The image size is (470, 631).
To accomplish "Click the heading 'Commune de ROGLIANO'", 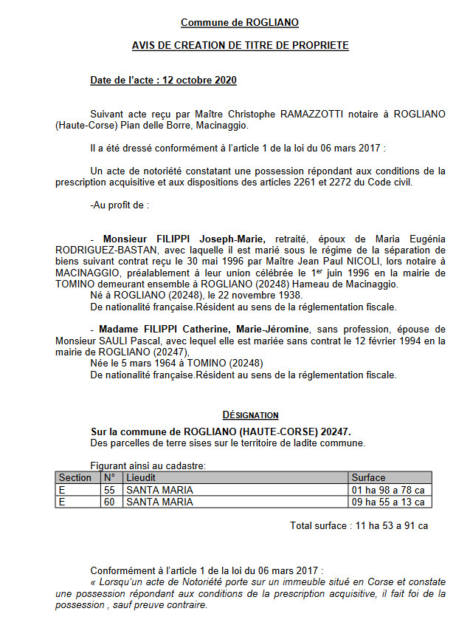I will (240, 23).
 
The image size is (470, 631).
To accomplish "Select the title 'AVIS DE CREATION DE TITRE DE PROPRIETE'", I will (240, 46).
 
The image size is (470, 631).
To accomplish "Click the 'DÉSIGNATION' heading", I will (250, 415).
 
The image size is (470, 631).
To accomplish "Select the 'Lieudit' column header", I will (141, 477).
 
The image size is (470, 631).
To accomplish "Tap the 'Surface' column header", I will (368, 477).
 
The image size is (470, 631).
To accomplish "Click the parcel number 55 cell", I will (110, 490).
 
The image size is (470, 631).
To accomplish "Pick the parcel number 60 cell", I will (110, 502).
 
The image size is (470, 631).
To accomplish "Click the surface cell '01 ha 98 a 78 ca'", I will (388, 490).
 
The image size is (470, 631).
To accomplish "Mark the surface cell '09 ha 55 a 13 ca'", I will (388, 502).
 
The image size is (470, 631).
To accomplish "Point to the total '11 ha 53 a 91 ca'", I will (392, 526).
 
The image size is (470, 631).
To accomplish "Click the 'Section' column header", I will (75, 477).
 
